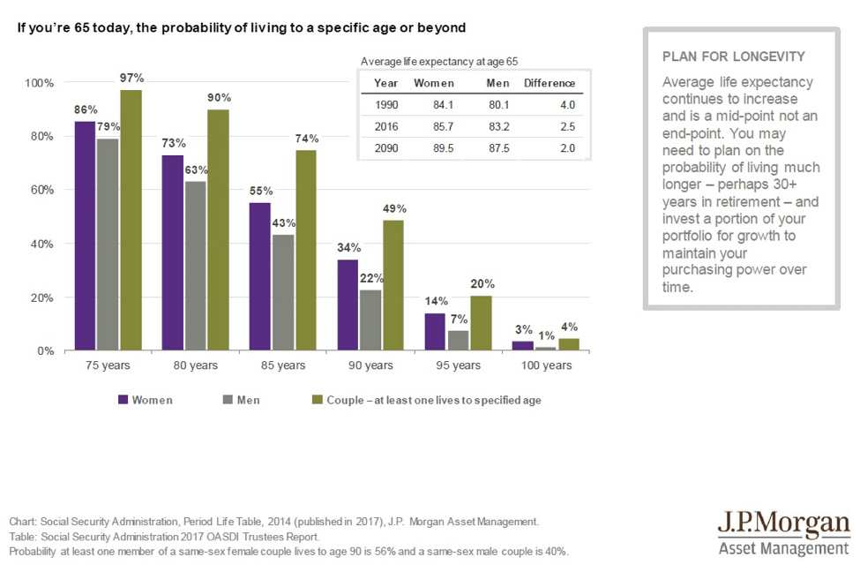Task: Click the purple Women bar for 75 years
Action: tap(85, 236)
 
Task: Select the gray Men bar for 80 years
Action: tap(196, 266)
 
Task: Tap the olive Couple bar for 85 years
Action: tap(306, 251)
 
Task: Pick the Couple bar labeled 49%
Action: tap(393, 285)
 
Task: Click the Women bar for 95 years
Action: tap(435, 332)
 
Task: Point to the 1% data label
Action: tap(546, 336)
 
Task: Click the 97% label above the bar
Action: tap(131, 78)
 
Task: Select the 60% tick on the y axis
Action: tap(42, 190)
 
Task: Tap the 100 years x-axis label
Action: tap(546, 365)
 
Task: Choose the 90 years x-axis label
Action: tap(370, 365)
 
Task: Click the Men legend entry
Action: tap(242, 400)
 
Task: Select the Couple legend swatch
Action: tap(317, 400)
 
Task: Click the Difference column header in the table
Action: tap(550, 84)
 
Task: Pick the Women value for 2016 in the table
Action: tap(443, 127)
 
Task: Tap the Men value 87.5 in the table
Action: tap(499, 148)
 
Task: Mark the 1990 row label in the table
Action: tap(386, 105)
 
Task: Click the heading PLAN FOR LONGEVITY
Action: tap(734, 56)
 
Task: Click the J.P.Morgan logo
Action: tap(784, 532)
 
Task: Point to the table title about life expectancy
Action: tap(439, 62)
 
